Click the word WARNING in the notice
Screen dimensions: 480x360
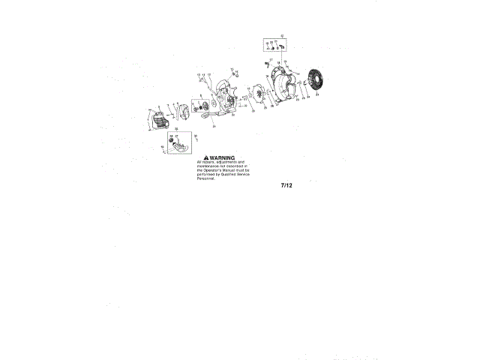pos(223,157)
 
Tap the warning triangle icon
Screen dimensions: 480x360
pos(206,157)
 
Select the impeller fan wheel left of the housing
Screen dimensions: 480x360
pos(259,97)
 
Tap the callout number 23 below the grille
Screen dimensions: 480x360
pos(316,96)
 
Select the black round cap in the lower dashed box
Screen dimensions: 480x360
pos(172,140)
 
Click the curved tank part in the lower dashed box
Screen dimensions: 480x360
pos(178,149)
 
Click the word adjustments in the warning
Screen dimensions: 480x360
pos(226,162)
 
